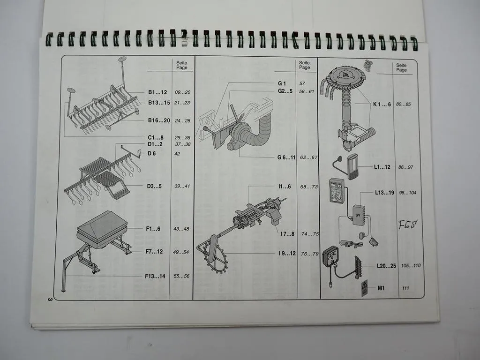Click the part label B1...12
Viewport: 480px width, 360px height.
click(x=157, y=92)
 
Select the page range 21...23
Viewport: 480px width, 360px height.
click(x=182, y=103)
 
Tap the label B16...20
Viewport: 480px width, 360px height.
click(x=159, y=120)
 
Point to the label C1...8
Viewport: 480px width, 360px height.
click(x=156, y=137)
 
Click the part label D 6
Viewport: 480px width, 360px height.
click(x=152, y=153)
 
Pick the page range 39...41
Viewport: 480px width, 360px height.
click(x=182, y=186)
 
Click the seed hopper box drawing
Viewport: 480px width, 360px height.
click(x=101, y=228)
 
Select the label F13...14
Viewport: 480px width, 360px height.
click(x=155, y=276)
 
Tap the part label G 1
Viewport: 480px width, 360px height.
click(x=282, y=83)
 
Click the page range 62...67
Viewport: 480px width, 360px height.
click(x=309, y=157)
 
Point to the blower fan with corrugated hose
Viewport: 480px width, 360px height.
click(x=248, y=134)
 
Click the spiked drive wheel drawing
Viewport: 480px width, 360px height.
click(x=214, y=253)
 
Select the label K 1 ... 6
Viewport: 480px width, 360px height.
click(x=382, y=104)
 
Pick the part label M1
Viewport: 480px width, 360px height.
click(x=381, y=288)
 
